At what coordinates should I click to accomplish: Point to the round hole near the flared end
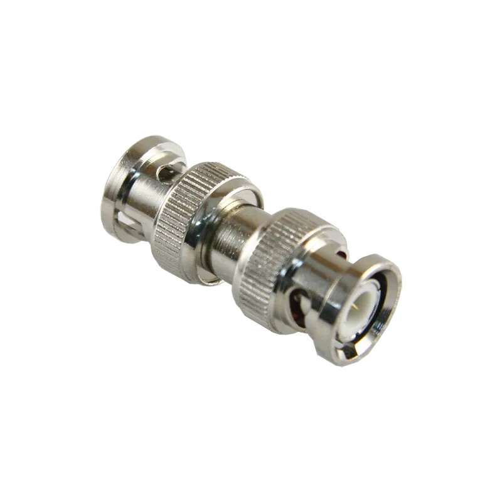point(164,174)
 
